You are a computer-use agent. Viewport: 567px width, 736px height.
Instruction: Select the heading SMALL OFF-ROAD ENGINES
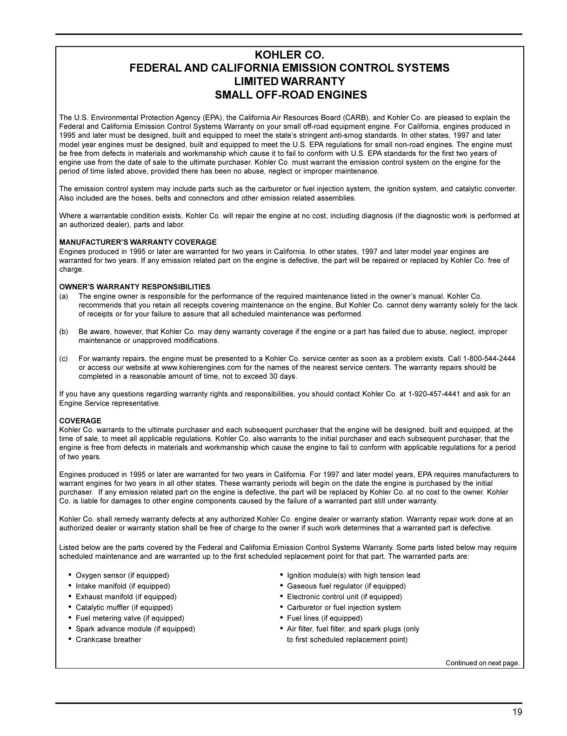[x=290, y=95]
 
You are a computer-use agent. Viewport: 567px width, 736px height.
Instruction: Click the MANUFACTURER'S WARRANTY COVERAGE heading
[x=138, y=242]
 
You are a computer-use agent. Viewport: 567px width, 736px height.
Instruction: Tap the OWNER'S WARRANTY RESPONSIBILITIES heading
[x=134, y=287]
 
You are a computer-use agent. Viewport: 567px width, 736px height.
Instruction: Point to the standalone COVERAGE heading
[x=80, y=421]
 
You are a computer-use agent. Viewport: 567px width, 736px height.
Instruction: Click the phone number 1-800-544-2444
[x=489, y=359]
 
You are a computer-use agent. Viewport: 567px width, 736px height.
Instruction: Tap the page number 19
[x=517, y=712]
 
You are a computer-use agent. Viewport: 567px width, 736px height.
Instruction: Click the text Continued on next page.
[x=482, y=663]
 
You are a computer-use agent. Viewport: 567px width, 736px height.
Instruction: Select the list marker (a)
[x=64, y=296]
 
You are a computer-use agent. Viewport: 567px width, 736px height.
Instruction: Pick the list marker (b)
[x=64, y=332]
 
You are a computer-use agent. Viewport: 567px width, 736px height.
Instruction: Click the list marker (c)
[x=64, y=359]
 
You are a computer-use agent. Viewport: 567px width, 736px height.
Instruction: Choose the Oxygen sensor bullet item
[x=122, y=576]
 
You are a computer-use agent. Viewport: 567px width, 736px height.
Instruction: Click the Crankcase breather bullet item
[x=108, y=640]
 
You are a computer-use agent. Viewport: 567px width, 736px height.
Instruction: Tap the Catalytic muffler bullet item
[x=124, y=608]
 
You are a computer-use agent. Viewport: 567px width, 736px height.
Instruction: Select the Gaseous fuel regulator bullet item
[x=346, y=586]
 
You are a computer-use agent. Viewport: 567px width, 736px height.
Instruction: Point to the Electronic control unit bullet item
[x=344, y=597]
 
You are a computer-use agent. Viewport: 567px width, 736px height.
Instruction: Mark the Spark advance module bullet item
[x=135, y=629]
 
